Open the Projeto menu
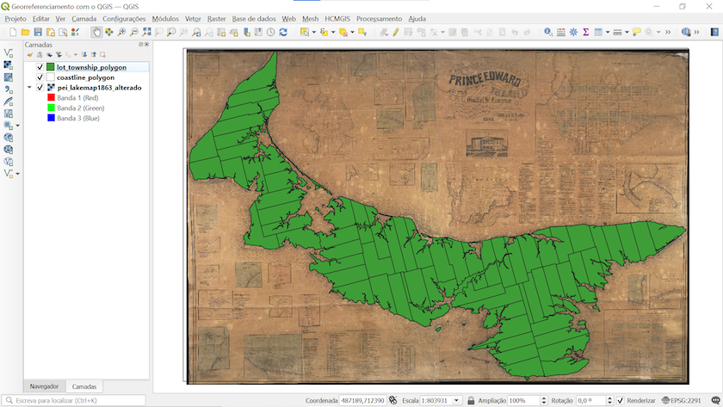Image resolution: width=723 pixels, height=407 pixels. pos(15,18)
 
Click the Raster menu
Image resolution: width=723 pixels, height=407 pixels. pos(216,18)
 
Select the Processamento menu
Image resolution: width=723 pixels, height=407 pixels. pos(379,18)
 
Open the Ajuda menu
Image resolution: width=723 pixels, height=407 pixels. pos(417,18)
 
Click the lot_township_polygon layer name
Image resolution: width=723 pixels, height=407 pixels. pos(91,66)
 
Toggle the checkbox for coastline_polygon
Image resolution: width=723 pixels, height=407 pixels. pos(40,77)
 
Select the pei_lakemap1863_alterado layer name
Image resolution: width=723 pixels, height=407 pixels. pos(99,88)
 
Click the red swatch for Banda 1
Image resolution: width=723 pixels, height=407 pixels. pos(51,98)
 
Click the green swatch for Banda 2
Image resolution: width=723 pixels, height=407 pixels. pos(51,108)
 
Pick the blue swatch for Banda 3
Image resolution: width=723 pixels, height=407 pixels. pos(51,118)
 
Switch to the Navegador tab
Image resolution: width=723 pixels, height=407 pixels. pos(44,386)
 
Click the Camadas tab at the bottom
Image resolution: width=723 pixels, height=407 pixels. pos(84,386)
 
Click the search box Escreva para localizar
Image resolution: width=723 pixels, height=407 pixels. pos(77,401)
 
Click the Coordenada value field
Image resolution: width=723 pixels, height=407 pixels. pos(362,401)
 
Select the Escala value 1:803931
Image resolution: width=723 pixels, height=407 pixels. pos(439,401)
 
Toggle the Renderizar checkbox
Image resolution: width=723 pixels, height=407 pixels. pos(620,401)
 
